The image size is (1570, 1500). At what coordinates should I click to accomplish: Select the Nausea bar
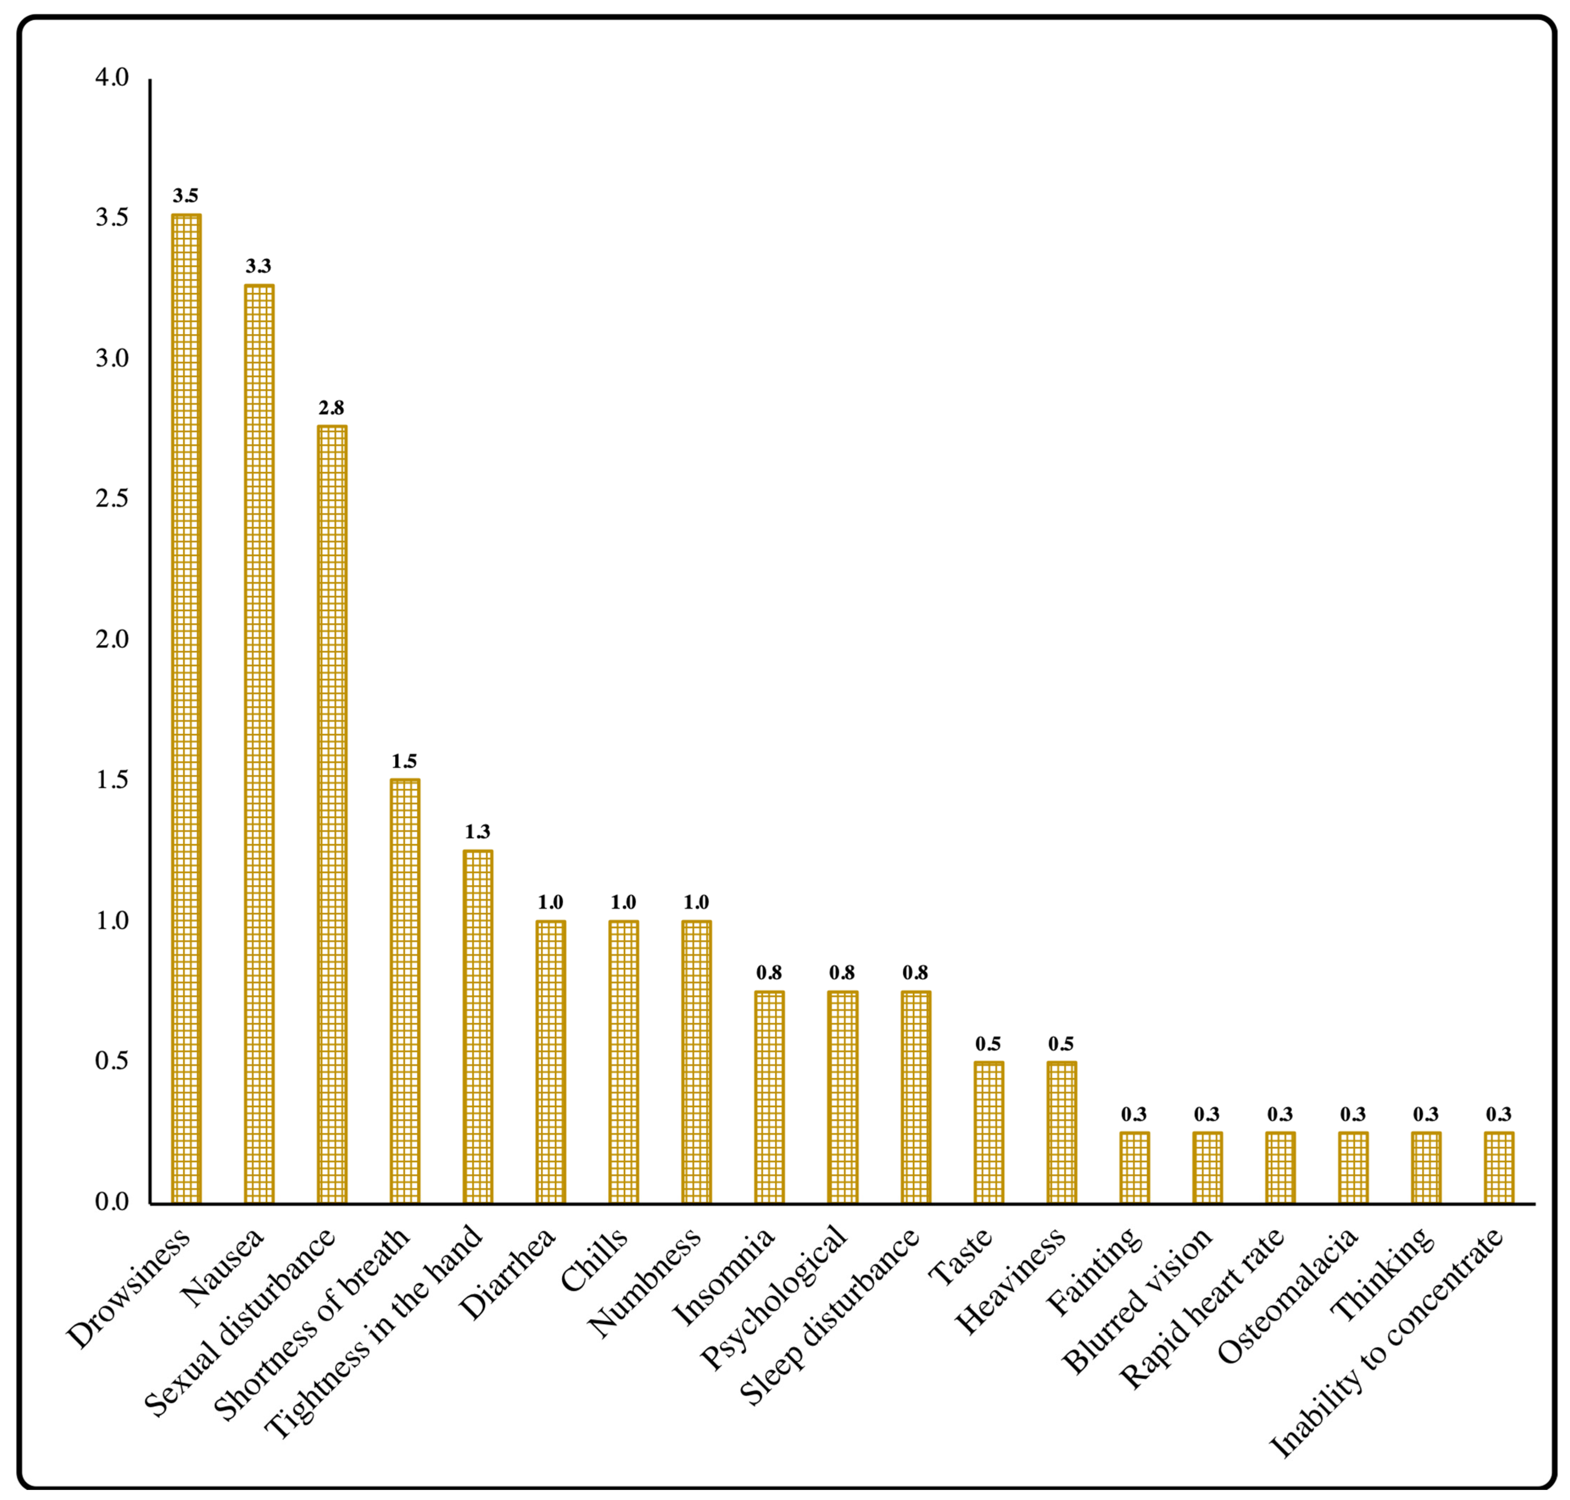click(258, 744)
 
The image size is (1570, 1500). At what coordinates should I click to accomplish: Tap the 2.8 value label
click(331, 408)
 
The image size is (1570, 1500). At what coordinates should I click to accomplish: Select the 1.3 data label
click(478, 832)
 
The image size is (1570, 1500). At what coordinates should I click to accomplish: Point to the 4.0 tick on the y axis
click(112, 77)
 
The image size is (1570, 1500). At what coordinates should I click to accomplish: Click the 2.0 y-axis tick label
click(112, 640)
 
